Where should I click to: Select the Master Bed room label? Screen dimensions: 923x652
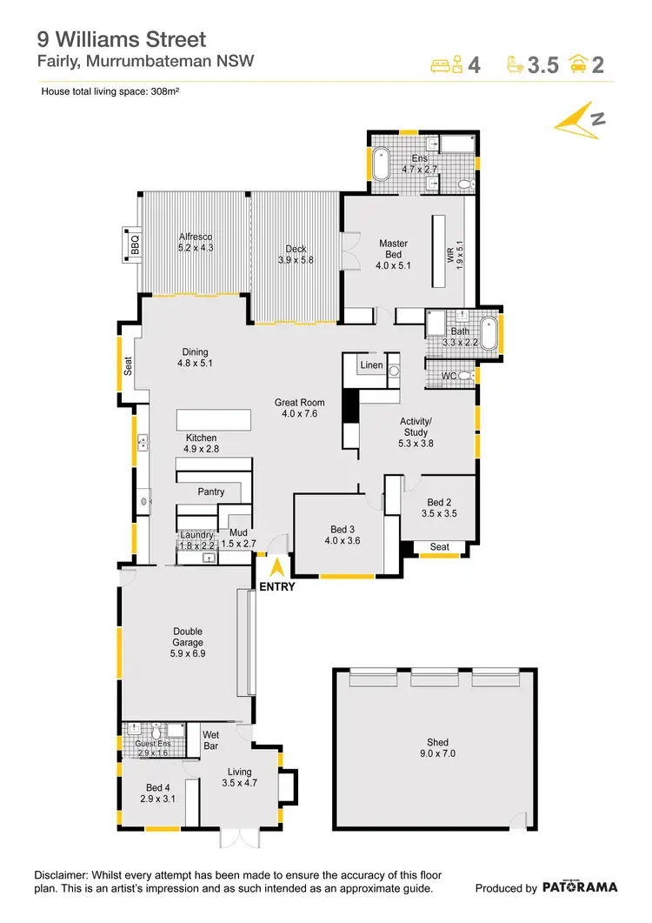click(392, 254)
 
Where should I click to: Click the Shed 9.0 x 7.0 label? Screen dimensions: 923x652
click(432, 748)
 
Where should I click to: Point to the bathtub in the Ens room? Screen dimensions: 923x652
click(381, 164)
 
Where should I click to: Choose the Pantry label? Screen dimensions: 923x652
click(210, 492)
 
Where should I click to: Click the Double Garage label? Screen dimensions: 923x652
click(188, 639)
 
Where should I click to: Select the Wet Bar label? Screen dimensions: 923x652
click(210, 739)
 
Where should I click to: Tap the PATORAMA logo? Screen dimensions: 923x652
click(580, 887)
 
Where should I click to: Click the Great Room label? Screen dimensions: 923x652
click(299, 408)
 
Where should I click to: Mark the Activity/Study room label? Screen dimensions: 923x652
click(415, 431)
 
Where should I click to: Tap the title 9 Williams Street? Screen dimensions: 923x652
click(121, 39)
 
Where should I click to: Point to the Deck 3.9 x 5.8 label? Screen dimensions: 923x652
click(296, 254)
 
